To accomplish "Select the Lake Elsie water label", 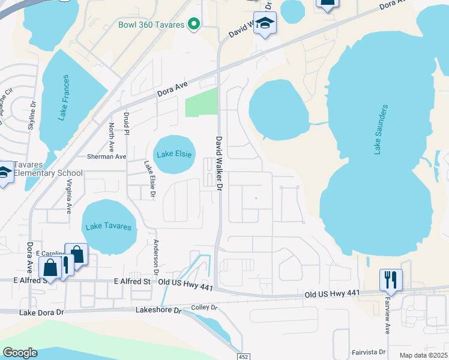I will point(175,154).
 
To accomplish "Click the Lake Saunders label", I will point(381,130).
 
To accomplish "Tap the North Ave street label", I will point(112,137).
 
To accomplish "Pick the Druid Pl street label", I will point(127,125).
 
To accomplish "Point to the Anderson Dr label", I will point(156,257).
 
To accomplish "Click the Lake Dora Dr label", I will point(41,313).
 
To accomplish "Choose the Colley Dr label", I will point(203,308).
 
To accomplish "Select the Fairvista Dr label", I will point(370,353).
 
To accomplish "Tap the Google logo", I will point(20,353).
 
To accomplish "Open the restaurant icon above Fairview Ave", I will point(391,278).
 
